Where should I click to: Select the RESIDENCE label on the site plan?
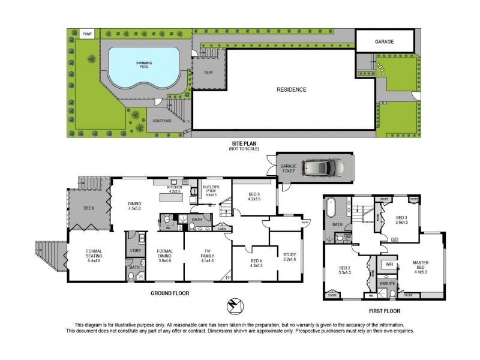tap(291, 90)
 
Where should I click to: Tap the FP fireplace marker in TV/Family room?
tap(227, 277)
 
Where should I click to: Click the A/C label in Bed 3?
tap(395, 239)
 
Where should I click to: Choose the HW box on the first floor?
tap(371, 295)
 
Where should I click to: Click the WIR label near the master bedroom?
tap(389, 263)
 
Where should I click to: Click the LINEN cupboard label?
tap(221, 229)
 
